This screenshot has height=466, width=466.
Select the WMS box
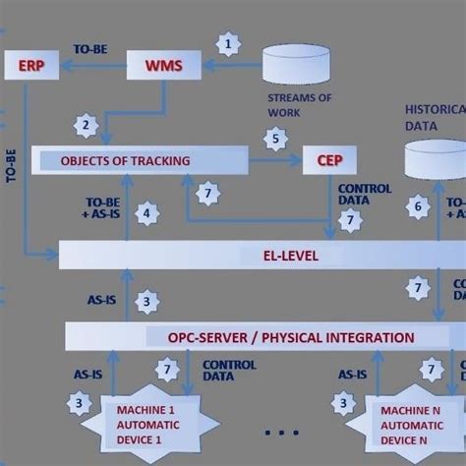click(164, 67)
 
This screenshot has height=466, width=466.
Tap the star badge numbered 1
click(229, 44)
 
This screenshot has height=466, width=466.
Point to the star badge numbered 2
click(87, 125)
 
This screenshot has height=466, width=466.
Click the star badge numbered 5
click(276, 140)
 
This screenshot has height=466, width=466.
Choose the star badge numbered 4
click(146, 212)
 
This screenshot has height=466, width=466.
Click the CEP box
click(329, 160)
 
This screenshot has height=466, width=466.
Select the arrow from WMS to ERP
click(93, 67)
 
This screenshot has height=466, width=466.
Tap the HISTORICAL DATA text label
click(434, 119)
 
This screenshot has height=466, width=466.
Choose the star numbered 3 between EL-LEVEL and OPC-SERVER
click(146, 301)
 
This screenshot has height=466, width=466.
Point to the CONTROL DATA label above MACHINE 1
click(229, 370)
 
